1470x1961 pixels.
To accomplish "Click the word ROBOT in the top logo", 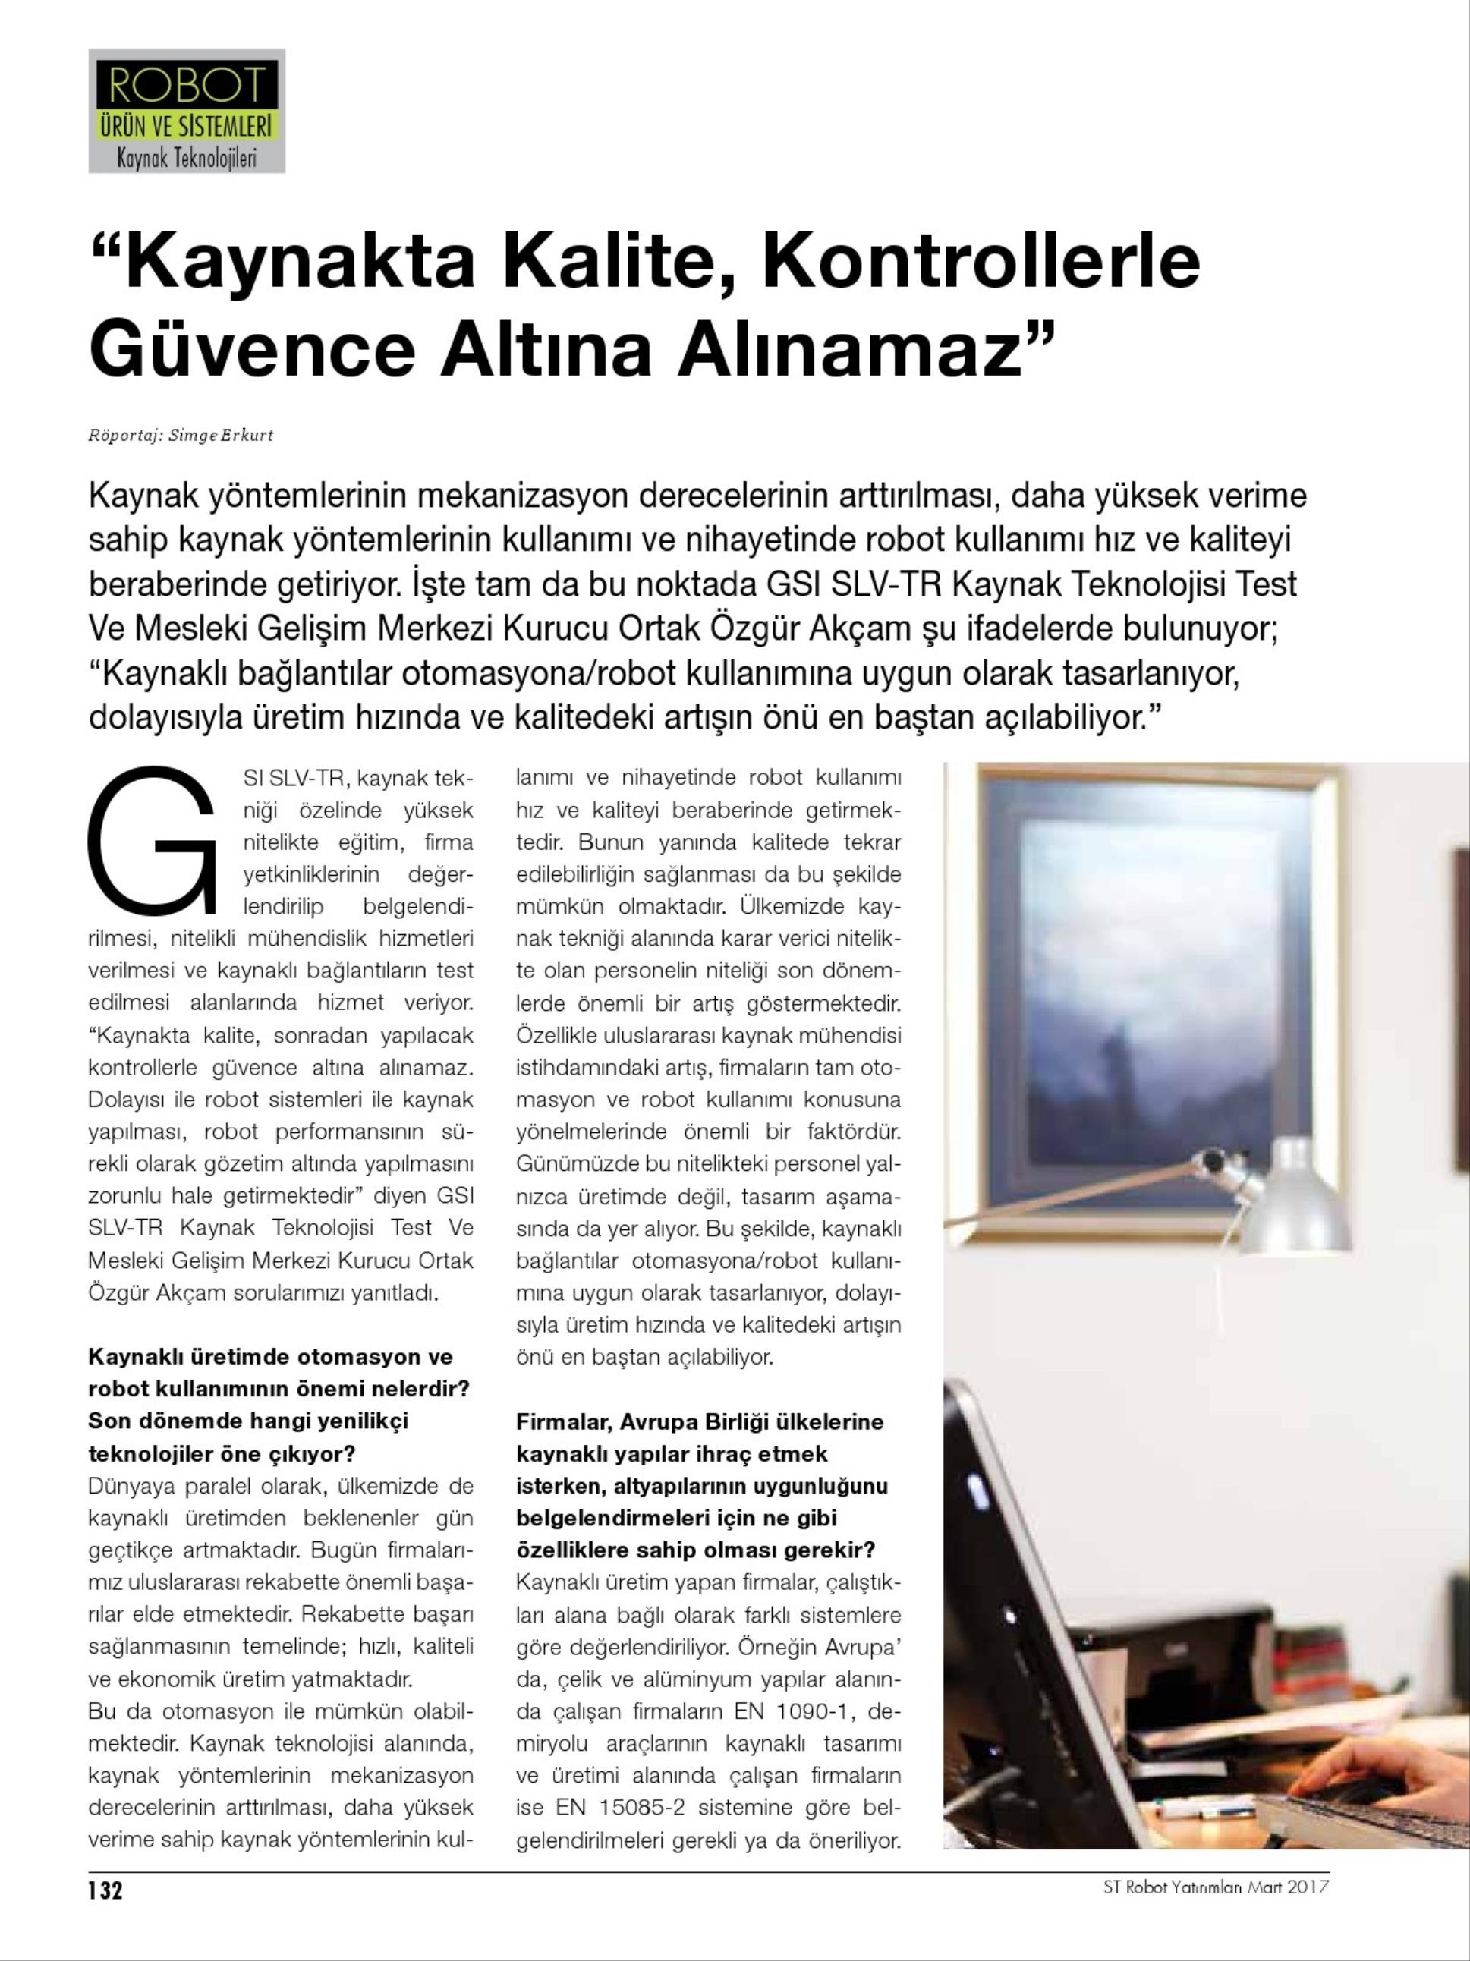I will point(186,86).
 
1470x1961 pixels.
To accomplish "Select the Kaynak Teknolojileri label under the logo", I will point(186,159).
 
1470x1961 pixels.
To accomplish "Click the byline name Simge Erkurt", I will point(221,436).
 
